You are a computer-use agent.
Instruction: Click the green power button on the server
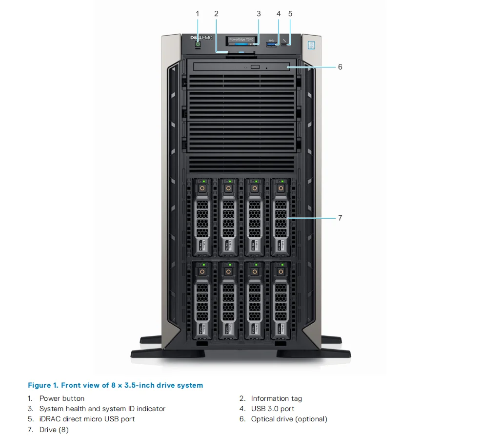click(x=198, y=44)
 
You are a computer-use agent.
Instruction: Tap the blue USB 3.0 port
click(x=271, y=45)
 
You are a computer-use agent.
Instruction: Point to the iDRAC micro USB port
click(x=285, y=45)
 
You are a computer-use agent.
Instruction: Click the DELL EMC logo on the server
click(x=201, y=37)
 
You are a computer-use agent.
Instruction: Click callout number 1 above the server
click(x=198, y=14)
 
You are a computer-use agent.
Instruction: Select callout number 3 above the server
click(x=259, y=14)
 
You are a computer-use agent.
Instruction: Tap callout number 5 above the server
click(x=290, y=14)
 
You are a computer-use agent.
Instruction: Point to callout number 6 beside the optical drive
click(x=340, y=67)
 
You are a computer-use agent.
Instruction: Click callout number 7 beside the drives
click(x=340, y=218)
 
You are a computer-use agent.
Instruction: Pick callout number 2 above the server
click(x=216, y=14)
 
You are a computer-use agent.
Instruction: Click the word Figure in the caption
click(x=39, y=385)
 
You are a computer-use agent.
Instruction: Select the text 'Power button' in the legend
click(x=62, y=398)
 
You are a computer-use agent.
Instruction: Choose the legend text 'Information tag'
click(x=276, y=398)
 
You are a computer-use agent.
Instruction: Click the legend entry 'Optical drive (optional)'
click(x=289, y=419)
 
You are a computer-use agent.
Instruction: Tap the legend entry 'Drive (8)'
click(x=54, y=430)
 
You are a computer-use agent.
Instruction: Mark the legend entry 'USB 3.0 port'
click(x=273, y=409)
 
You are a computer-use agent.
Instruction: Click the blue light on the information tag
click(x=241, y=51)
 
